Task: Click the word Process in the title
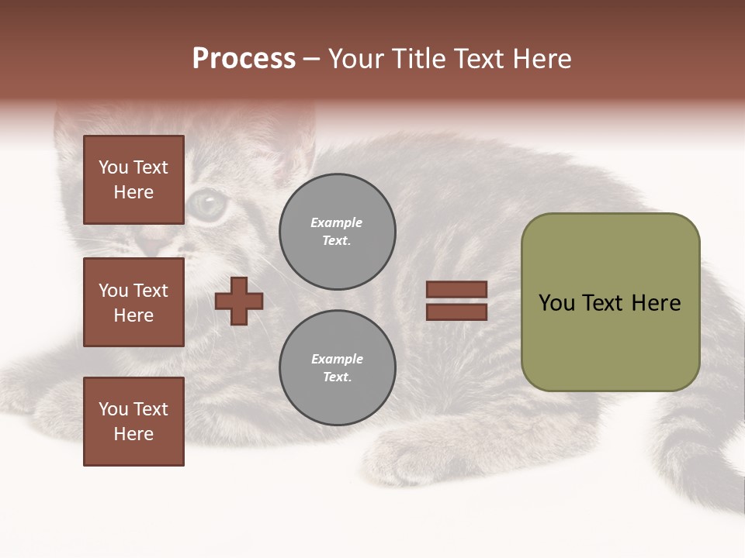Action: pos(244,59)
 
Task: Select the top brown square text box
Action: pos(133,180)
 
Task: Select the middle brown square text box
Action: pos(133,302)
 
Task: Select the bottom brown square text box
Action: pos(133,422)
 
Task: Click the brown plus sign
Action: pos(239,301)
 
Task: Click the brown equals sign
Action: pos(456,301)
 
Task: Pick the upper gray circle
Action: pos(337,232)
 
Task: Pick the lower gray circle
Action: pos(337,368)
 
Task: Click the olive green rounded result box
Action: pos(610,302)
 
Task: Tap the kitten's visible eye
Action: pos(207,203)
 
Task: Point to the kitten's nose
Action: pos(155,246)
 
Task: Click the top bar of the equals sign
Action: pos(456,290)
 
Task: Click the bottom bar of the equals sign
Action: pos(456,312)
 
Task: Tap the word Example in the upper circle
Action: pos(337,222)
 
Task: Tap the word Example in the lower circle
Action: pos(337,359)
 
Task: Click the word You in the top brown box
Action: pos(113,167)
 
